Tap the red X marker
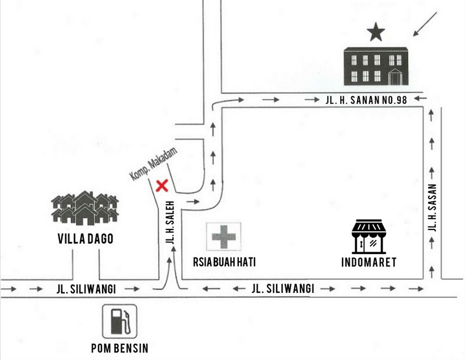point(163,186)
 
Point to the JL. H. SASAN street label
point(432,209)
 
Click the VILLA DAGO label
point(85,239)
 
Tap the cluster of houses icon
point(85,208)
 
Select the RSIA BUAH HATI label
point(224,262)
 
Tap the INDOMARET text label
point(369,263)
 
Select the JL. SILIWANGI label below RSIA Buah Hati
point(283,288)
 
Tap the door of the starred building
point(395,76)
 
